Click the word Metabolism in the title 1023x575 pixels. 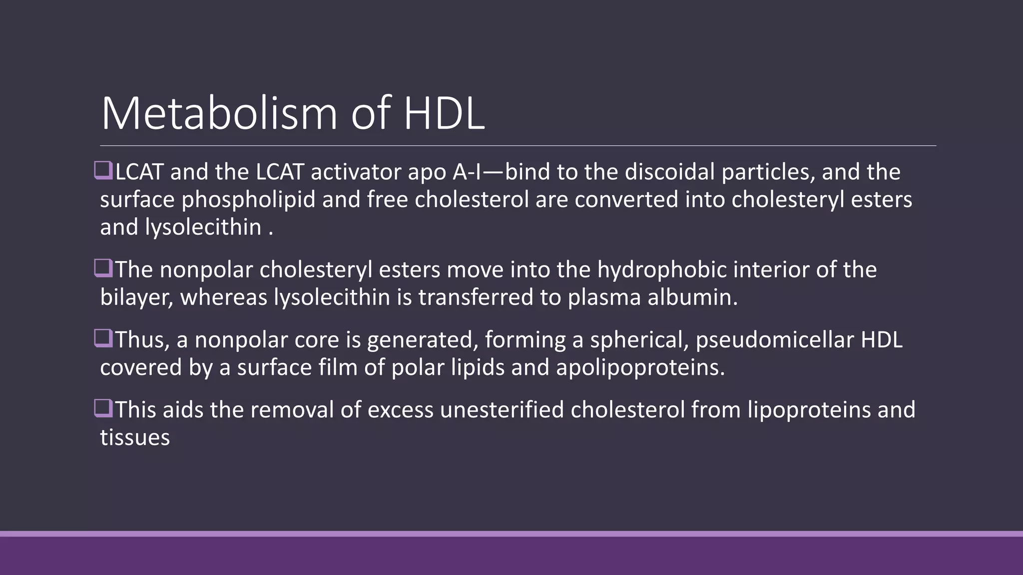(219, 114)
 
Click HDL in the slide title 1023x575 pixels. (444, 114)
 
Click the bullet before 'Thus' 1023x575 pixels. (103, 338)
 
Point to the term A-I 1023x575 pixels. (467, 172)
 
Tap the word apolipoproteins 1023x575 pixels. (640, 368)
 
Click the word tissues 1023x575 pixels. (135, 438)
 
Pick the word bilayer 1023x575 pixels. (136, 298)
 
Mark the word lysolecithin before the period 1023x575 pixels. (203, 228)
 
